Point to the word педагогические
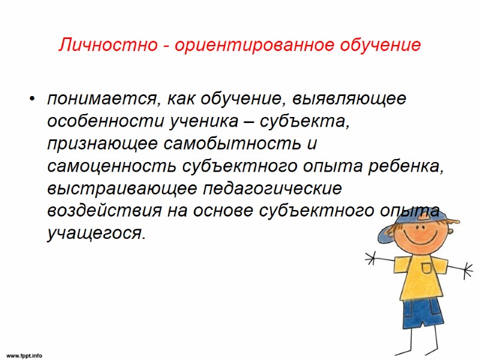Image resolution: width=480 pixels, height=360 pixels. pos(272,188)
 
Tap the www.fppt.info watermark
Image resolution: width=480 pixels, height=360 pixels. pos(25,355)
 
